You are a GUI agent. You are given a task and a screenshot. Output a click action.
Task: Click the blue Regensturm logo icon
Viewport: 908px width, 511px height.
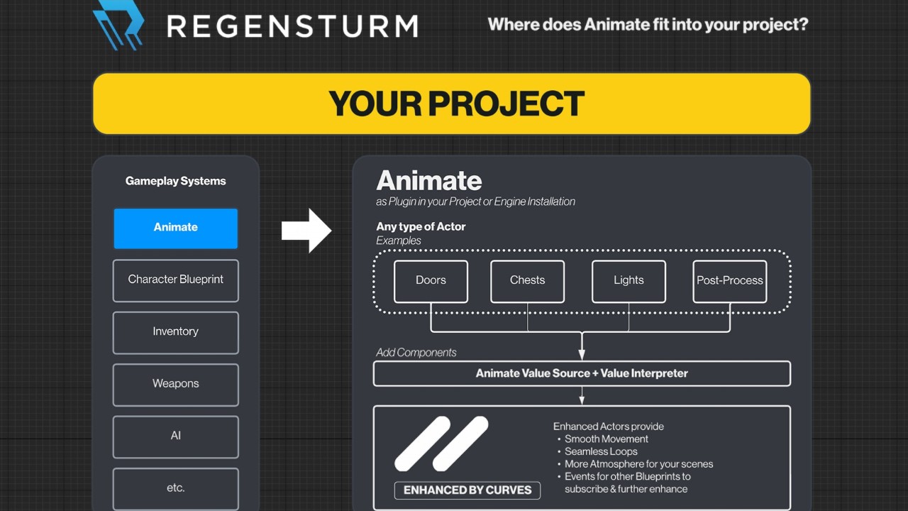pos(118,25)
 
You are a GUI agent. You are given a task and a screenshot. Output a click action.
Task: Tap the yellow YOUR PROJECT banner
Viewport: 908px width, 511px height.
pos(452,104)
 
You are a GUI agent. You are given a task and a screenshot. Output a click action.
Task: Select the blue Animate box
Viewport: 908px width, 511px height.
pos(175,229)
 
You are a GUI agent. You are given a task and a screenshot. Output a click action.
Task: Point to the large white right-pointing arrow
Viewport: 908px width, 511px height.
pos(306,231)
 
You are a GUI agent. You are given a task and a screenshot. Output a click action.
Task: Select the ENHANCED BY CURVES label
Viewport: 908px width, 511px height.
pos(467,490)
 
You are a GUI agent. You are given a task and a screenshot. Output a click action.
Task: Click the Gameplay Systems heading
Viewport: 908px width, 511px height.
pos(175,181)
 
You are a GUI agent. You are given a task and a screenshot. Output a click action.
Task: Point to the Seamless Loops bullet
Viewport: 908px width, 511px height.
pos(601,451)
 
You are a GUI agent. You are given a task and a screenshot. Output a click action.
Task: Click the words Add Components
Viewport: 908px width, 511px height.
pos(416,353)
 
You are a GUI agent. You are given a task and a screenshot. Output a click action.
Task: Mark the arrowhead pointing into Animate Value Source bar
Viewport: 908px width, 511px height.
pos(582,354)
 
